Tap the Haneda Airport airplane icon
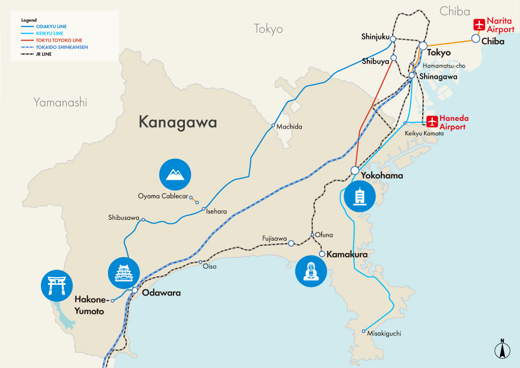click(x=432, y=121)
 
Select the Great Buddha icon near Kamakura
click(x=311, y=271)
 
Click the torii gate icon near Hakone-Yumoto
click(x=57, y=285)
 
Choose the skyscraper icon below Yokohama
click(x=359, y=196)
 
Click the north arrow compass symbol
click(x=502, y=349)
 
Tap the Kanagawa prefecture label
click(x=178, y=122)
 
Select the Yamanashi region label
click(x=60, y=103)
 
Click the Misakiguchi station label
click(x=384, y=333)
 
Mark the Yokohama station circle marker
click(x=355, y=170)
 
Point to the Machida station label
click(x=289, y=127)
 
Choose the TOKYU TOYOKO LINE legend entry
click(x=47, y=40)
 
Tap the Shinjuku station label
click(x=375, y=36)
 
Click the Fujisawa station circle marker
click(x=291, y=243)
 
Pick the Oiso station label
click(x=209, y=267)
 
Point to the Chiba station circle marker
click(x=476, y=39)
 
